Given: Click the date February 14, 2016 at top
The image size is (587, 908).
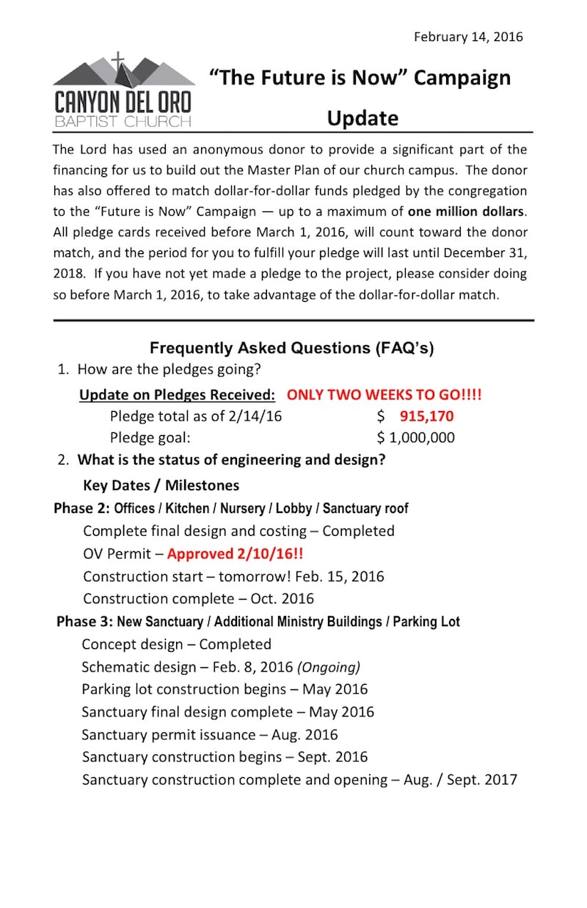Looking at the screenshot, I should (x=468, y=37).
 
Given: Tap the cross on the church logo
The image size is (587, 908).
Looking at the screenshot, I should (x=117, y=62).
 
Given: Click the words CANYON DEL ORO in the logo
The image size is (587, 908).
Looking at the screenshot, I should (x=123, y=101).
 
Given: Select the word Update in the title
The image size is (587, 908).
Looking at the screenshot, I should (x=362, y=118).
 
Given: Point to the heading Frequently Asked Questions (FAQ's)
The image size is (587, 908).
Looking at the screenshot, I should (x=291, y=348).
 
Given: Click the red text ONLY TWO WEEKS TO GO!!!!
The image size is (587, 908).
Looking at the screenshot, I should (x=384, y=394).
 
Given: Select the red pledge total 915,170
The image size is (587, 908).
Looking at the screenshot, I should (x=426, y=416).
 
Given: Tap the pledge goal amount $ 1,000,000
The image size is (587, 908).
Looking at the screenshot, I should (x=415, y=438).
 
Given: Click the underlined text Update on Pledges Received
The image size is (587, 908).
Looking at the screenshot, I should (x=177, y=394).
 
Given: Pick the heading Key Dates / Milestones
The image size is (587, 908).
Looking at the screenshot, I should (x=161, y=485).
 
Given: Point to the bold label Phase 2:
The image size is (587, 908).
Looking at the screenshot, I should (x=81, y=508).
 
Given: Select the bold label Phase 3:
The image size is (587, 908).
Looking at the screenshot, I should (x=84, y=622).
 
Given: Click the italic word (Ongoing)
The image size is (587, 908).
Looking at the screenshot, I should (x=329, y=667).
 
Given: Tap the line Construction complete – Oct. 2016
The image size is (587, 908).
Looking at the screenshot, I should (x=198, y=599).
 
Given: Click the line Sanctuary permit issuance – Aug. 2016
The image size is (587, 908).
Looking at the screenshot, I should (x=209, y=735).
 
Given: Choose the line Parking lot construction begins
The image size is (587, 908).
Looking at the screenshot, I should (x=224, y=689).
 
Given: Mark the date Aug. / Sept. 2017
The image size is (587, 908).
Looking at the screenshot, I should (x=460, y=780).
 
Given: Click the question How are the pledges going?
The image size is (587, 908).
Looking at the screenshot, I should (x=168, y=369).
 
